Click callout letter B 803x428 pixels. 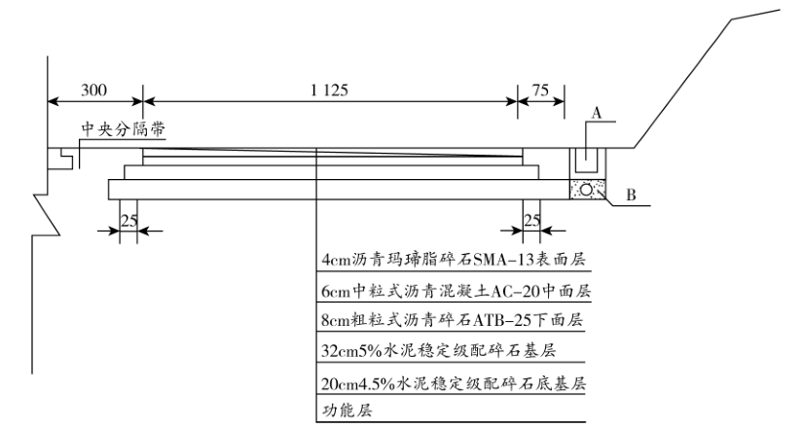click(x=630, y=196)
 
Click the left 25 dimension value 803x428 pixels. click(x=128, y=219)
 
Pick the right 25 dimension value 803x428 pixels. click(x=531, y=219)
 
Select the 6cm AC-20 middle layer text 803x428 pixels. click(x=456, y=290)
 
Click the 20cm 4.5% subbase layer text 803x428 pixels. click(x=454, y=383)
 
